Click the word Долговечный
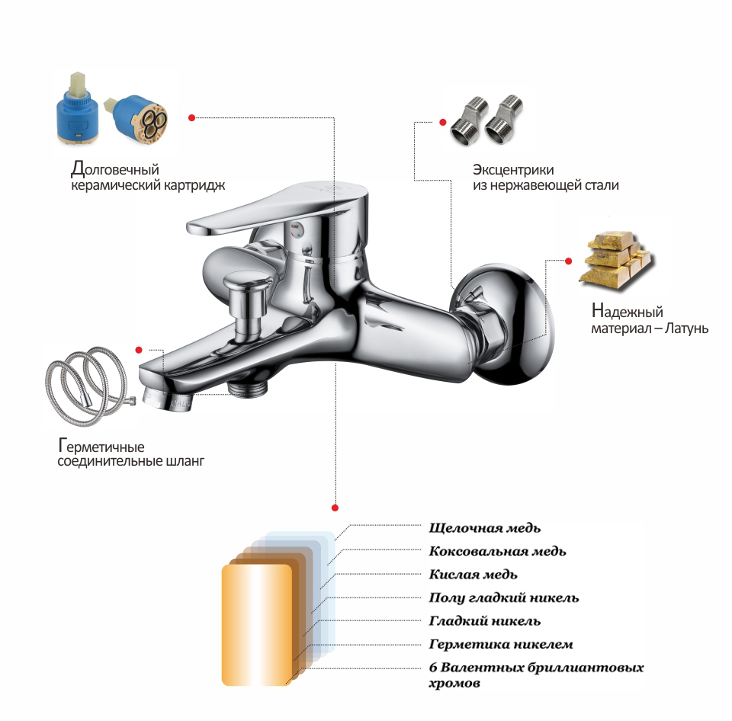coord(115,169)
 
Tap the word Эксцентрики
coord(513,170)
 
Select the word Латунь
coord(686,328)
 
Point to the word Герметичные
coord(101,446)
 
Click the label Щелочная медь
coord(485,528)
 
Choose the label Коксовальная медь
coord(497,551)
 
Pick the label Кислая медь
coord(473,575)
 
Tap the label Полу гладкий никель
coord(504,598)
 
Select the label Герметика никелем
coord(500,645)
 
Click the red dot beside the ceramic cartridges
coord(191,117)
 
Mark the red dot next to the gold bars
coord(568,261)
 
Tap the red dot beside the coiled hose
coord(139,350)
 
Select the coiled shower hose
coord(88,386)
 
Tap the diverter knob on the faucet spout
coord(246,303)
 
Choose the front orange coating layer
coord(257,625)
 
